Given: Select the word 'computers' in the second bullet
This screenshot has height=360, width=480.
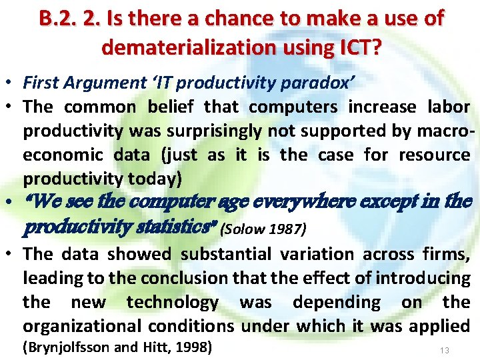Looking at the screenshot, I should (279, 107).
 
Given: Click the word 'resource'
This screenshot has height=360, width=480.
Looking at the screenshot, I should (435, 155).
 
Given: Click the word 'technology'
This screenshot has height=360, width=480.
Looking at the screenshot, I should (172, 302).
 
